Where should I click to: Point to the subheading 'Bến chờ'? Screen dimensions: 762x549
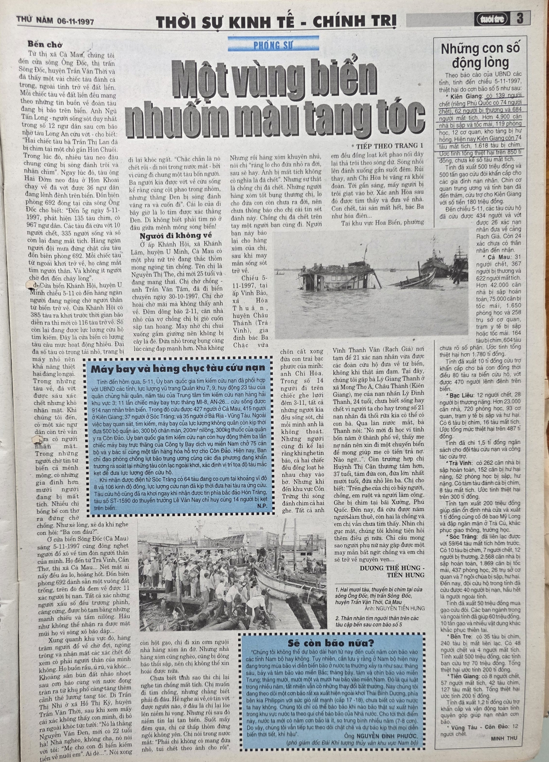45,45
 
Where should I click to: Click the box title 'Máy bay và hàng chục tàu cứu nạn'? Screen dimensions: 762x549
178,368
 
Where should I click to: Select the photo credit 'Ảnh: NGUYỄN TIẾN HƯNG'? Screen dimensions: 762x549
394,608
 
